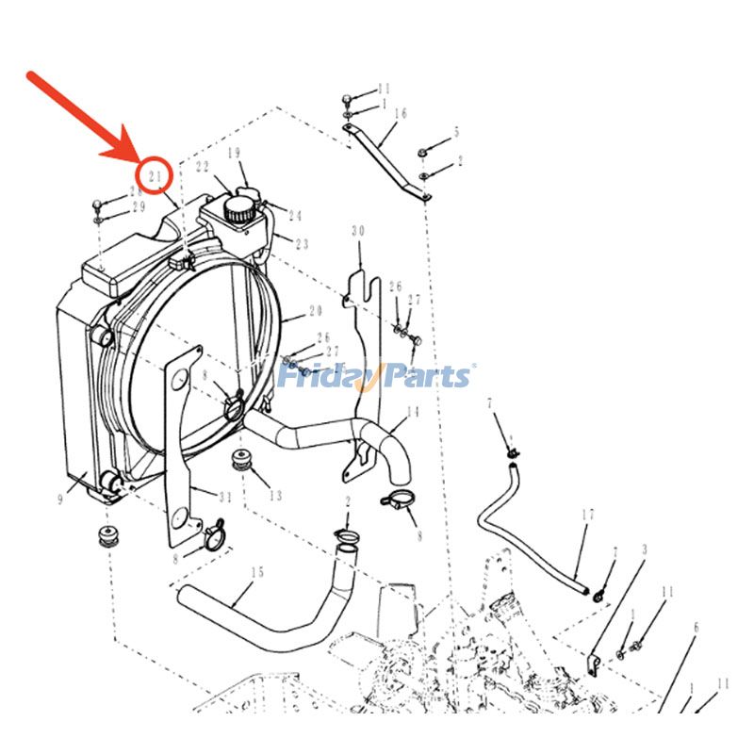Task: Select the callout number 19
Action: [234, 152]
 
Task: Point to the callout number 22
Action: [202, 167]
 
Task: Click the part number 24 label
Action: [295, 216]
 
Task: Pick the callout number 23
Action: [302, 244]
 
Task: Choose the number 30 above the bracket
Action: [357, 231]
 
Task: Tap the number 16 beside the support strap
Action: [400, 113]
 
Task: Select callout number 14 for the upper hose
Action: [412, 412]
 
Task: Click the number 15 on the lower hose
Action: [257, 572]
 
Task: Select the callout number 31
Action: [224, 499]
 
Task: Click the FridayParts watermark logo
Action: [376, 376]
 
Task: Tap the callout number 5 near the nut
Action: [456, 133]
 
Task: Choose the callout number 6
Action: [696, 627]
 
